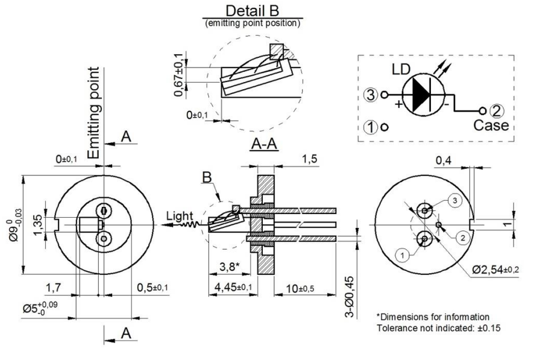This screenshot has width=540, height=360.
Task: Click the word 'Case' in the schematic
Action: (491, 125)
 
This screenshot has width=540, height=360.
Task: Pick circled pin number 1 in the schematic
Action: (371, 127)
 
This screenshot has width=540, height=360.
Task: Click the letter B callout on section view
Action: (207, 178)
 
